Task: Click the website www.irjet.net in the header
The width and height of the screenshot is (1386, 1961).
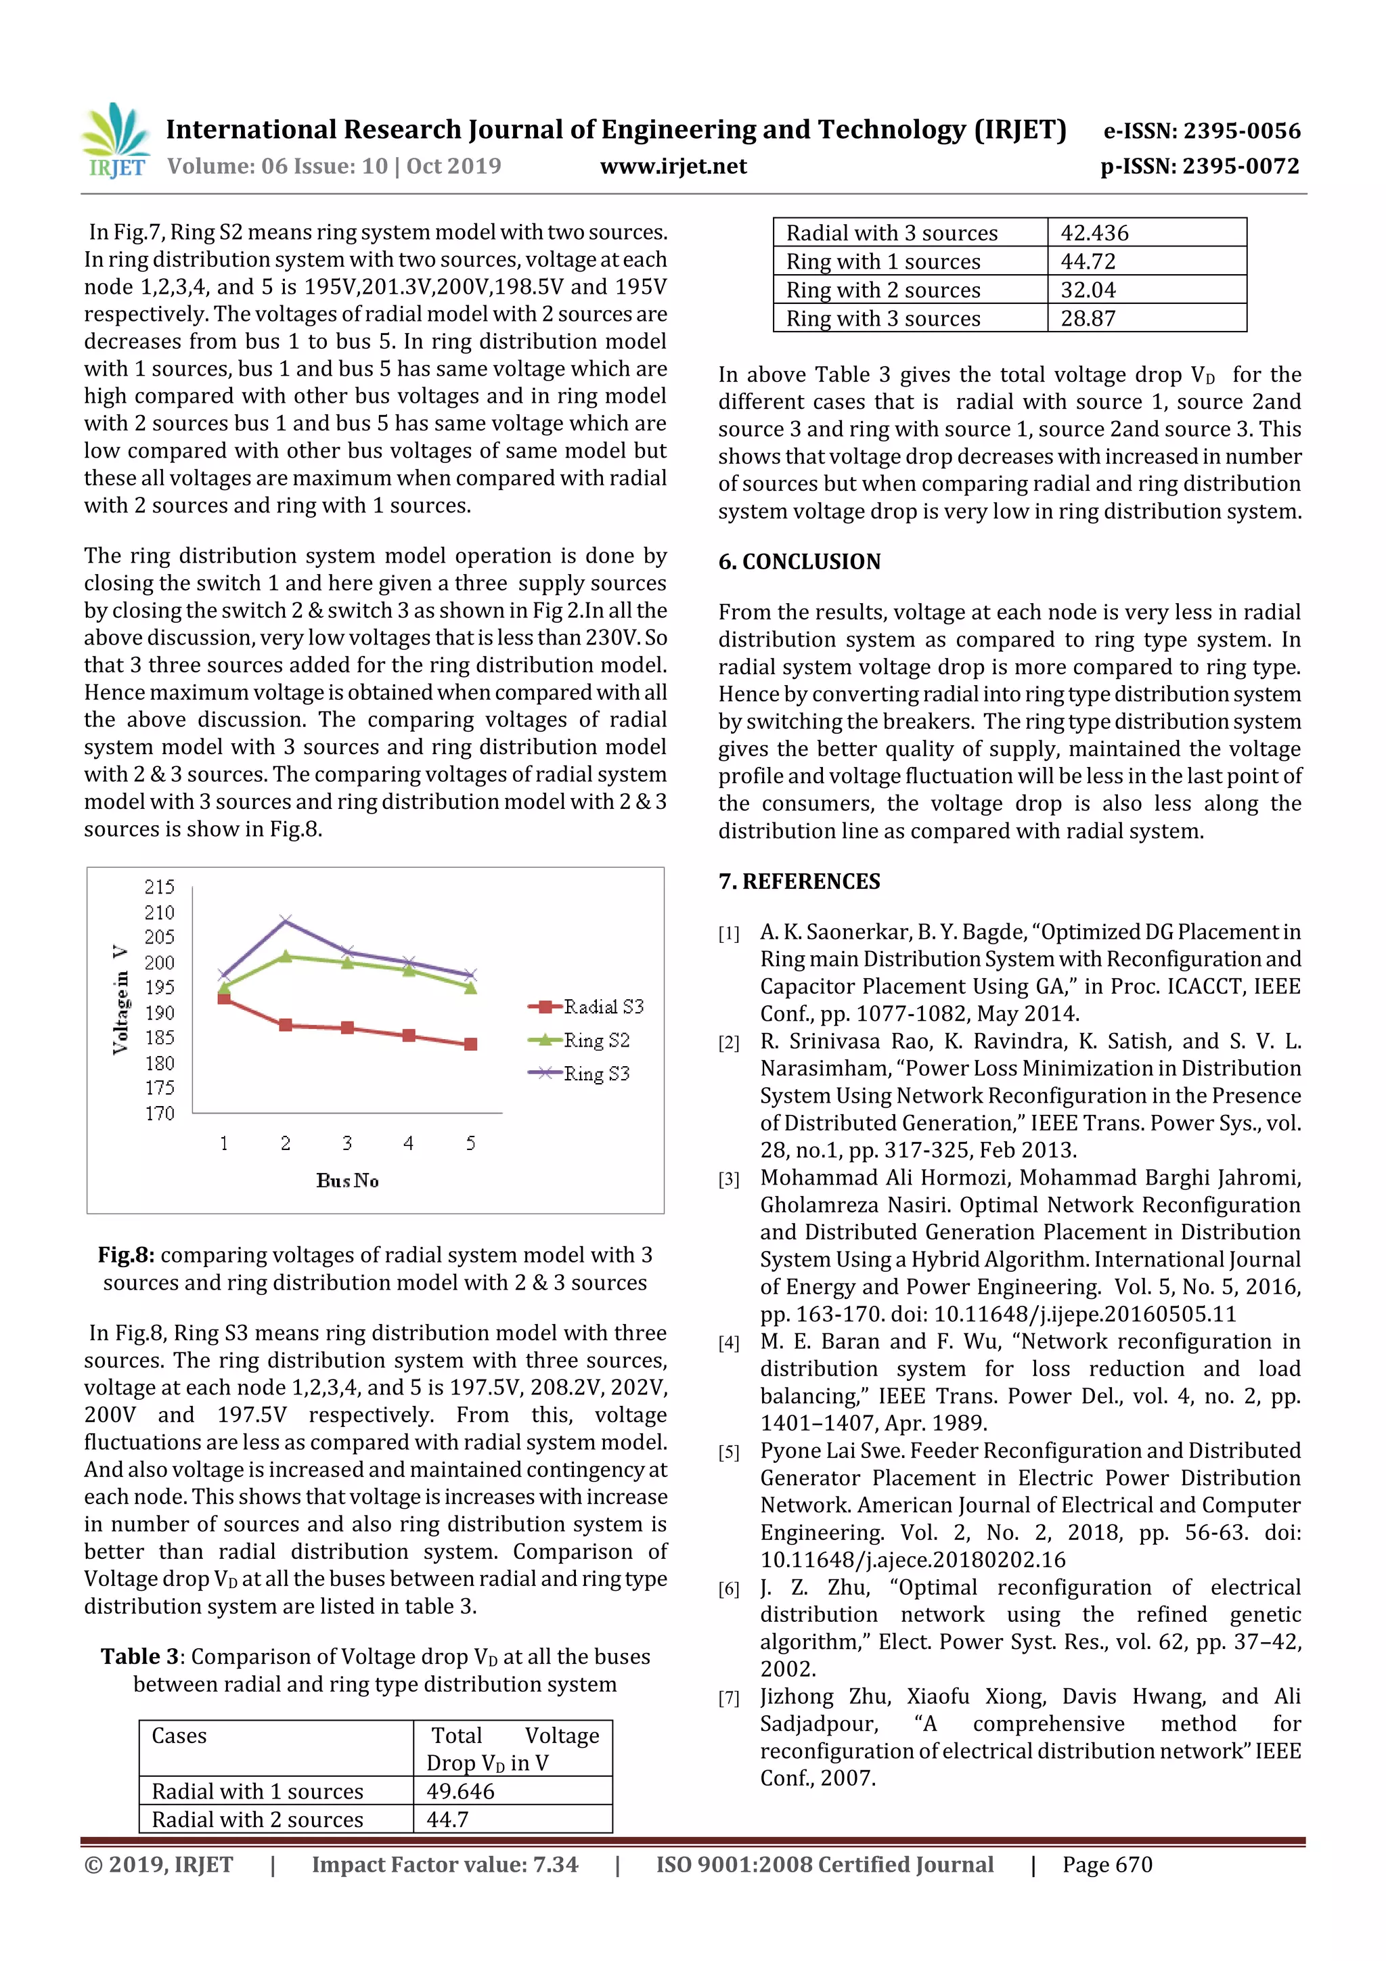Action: [x=673, y=166]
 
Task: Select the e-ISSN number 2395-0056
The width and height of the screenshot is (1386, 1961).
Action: [x=1240, y=131]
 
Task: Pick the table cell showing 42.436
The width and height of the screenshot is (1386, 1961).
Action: [x=1094, y=232]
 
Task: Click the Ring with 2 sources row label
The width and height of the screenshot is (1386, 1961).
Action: [x=883, y=290]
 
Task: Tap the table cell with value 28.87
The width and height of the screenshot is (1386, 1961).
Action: [x=1088, y=319]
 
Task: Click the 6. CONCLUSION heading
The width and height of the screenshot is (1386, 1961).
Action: [x=799, y=561]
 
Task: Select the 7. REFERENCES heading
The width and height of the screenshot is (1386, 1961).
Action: [x=799, y=881]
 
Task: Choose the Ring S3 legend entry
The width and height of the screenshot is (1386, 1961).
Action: [x=596, y=1073]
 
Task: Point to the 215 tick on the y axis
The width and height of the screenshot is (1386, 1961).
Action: [x=159, y=887]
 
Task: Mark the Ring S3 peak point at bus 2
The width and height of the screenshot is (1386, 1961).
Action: [x=285, y=920]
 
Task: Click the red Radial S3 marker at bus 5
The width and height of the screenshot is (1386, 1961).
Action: [x=470, y=1044]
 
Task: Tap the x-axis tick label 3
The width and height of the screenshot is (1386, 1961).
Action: [x=346, y=1143]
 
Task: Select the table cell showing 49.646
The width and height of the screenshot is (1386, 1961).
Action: [x=460, y=1791]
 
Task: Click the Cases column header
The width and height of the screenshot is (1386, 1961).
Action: [x=179, y=1736]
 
